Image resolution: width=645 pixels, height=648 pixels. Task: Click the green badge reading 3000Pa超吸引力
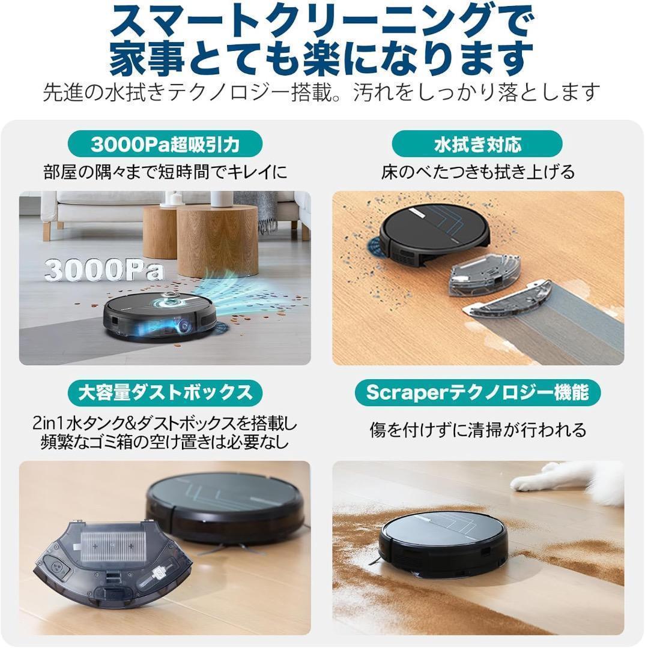pos(165,145)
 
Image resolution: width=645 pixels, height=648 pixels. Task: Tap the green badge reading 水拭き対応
pos(477,145)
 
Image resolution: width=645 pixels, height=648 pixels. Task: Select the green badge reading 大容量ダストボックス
pos(165,393)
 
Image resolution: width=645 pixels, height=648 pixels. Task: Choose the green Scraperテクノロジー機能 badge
pos(477,393)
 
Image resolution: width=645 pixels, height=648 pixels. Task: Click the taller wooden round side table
pos(208,240)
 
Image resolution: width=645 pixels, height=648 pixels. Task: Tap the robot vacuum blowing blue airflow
pos(159,315)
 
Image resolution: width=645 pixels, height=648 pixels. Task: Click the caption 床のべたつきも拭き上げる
pos(477,173)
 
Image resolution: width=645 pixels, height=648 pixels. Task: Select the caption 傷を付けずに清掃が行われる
pos(477,430)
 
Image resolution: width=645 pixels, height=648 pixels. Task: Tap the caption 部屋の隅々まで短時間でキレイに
pos(165,173)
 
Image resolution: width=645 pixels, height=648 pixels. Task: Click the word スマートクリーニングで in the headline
pos(321,24)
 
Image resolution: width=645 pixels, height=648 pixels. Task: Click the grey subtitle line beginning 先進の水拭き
pos(321,92)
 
